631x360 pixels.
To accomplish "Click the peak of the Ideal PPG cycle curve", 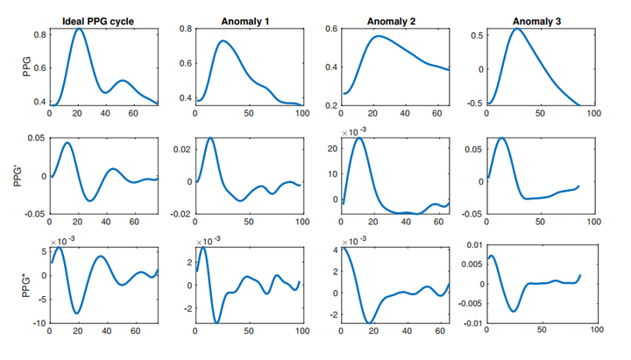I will [x=79, y=29].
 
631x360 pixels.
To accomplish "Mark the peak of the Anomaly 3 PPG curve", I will [x=517, y=29].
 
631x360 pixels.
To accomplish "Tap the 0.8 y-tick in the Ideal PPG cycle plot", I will [x=39, y=34].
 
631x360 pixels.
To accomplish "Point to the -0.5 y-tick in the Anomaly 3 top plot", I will [x=474, y=103].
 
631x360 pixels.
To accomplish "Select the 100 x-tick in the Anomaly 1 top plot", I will [x=303, y=113].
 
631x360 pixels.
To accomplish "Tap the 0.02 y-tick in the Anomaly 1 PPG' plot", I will [x=181, y=151].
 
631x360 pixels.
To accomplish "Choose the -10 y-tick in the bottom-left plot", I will [x=37, y=324].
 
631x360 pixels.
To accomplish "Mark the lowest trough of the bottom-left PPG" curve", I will [x=77, y=313].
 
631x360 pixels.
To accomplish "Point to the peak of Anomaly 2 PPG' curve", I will [x=359, y=138].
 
